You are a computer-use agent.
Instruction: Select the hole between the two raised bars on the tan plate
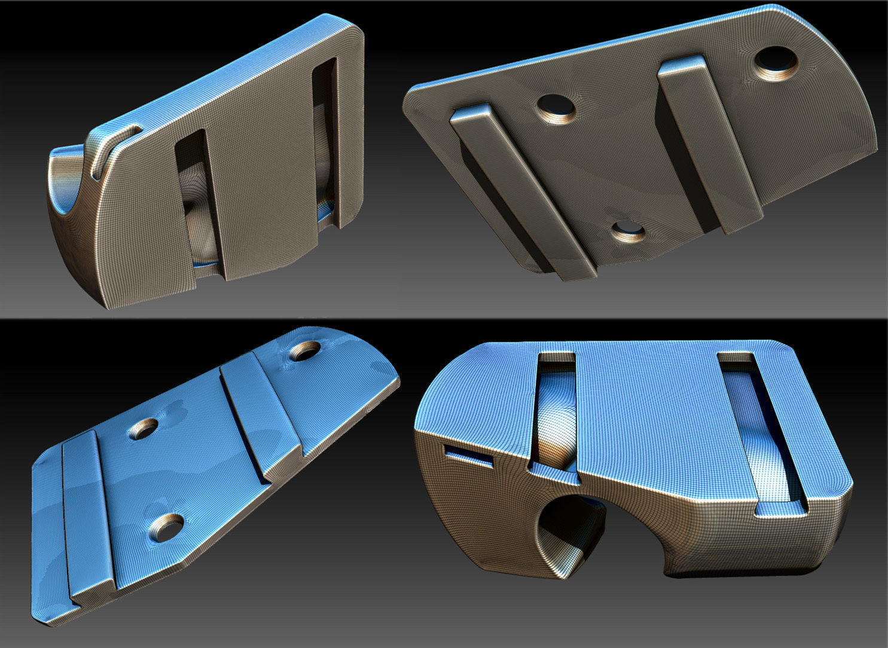(556, 108)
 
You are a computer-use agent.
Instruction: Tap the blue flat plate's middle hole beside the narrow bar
(144, 428)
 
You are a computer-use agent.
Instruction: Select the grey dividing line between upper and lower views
(444, 318)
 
